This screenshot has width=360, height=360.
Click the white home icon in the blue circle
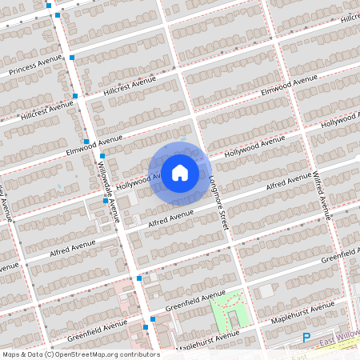179,172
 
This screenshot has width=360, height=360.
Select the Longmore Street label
218,204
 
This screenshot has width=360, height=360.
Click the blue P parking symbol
306,338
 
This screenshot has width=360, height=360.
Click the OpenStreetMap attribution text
80,354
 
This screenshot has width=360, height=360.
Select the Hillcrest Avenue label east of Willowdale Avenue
130,86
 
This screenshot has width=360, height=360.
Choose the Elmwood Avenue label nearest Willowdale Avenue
94,145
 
